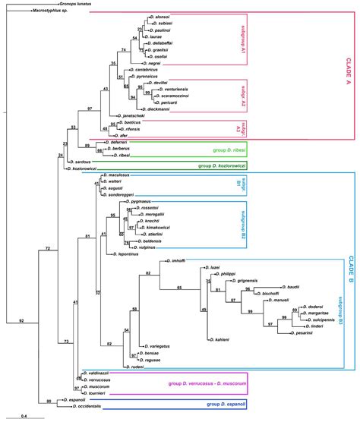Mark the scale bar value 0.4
24,415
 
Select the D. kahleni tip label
218,339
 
